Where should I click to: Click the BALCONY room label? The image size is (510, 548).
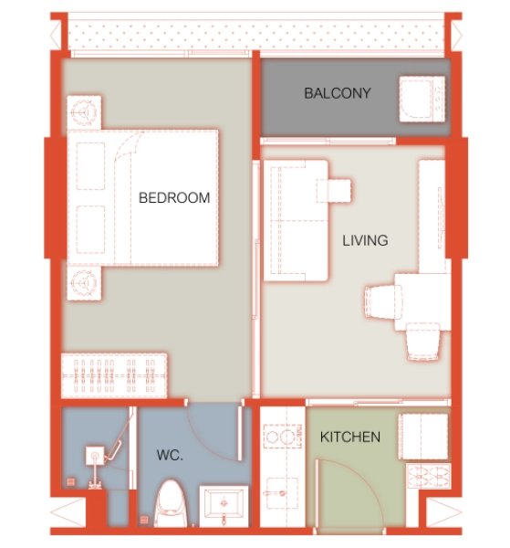coord(338,93)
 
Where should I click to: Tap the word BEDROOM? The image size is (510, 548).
coord(174,197)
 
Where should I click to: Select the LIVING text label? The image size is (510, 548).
coord(365,241)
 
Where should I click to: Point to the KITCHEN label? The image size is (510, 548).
coord(350,437)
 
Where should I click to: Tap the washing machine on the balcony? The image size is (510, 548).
coord(421,97)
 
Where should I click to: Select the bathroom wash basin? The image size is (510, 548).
coord(224,503)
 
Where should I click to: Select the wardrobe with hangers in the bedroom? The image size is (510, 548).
coord(115,375)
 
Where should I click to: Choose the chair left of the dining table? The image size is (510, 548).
coord(382,301)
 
